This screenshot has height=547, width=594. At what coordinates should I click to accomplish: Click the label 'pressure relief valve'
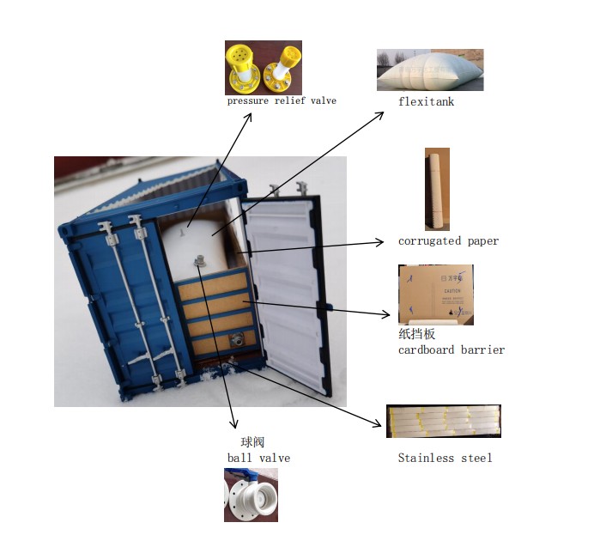pyautogui.click(x=282, y=101)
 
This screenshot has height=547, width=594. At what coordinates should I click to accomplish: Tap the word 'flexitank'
pyautogui.click(x=426, y=102)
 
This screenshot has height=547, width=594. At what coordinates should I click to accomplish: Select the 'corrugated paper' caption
pyautogui.click(x=448, y=241)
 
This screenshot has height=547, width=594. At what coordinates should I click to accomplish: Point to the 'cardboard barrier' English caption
pyautogui.click(x=452, y=350)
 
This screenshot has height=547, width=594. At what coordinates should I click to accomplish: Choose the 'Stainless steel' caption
pyautogui.click(x=445, y=459)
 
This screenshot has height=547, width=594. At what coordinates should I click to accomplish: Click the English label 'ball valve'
pyautogui.click(x=258, y=459)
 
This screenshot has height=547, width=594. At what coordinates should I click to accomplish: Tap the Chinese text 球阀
pyautogui.click(x=253, y=443)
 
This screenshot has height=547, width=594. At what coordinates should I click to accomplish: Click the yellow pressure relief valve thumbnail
pyautogui.click(x=263, y=68)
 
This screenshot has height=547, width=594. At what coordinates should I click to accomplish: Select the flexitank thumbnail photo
pyautogui.click(x=429, y=70)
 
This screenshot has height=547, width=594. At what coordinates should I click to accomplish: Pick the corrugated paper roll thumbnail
pyautogui.click(x=437, y=189)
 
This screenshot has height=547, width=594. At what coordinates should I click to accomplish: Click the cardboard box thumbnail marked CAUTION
pyautogui.click(x=436, y=295)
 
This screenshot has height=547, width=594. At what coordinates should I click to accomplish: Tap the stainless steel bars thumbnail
pyautogui.click(x=443, y=421)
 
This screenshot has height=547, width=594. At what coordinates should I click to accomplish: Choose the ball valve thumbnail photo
pyautogui.click(x=251, y=495)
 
